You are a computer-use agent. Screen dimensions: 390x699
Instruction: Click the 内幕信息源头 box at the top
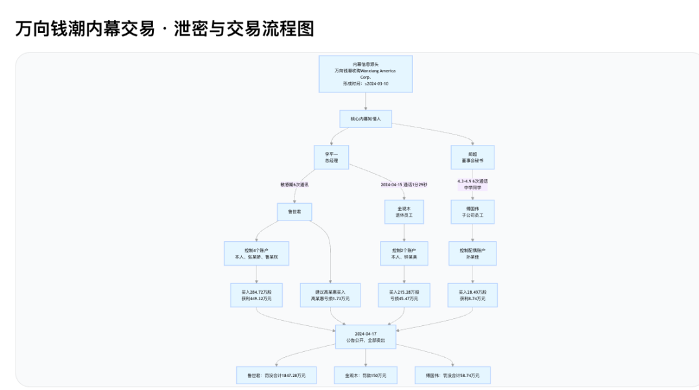tap(366, 74)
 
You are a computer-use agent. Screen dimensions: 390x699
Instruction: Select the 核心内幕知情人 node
tap(366, 119)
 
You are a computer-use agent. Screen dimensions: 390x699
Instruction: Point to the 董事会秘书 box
tap(472, 157)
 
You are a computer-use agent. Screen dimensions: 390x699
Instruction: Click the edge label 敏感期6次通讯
tap(294, 184)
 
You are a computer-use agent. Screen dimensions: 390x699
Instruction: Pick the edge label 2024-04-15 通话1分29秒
tap(404, 184)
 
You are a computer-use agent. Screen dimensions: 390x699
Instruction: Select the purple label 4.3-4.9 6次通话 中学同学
tap(472, 184)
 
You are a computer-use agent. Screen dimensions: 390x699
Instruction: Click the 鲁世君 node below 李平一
tap(294, 211)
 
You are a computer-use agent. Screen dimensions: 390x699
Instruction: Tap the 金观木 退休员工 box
tap(404, 211)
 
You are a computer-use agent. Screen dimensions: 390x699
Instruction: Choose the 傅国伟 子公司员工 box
tap(472, 211)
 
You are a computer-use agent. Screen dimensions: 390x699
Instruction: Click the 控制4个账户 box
tap(256, 253)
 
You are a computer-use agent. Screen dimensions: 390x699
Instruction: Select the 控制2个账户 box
tap(404, 253)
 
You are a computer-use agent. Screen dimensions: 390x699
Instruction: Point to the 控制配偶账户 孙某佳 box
tap(472, 253)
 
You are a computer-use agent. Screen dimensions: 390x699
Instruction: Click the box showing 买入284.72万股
tap(256, 295)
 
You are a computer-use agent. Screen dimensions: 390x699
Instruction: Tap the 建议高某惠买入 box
tap(330, 295)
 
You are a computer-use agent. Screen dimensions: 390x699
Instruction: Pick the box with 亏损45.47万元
tap(404, 295)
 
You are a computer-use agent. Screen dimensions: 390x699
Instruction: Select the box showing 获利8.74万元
tap(472, 295)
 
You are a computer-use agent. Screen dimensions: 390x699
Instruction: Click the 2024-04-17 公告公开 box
tap(366, 337)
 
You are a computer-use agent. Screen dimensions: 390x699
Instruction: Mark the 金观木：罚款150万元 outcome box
tap(366, 375)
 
